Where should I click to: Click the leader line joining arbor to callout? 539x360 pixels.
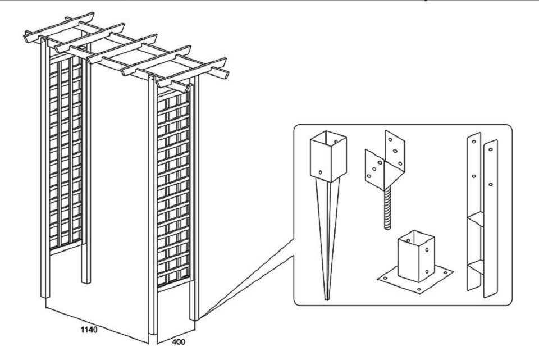point(247,281)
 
